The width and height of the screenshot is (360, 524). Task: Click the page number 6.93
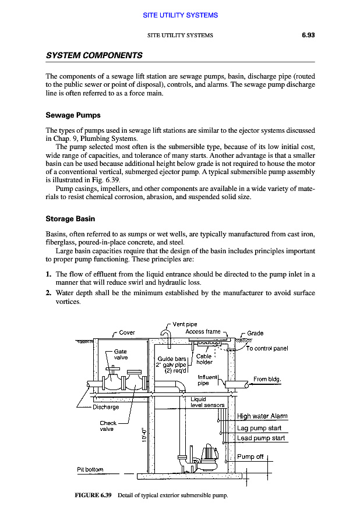click(x=308, y=35)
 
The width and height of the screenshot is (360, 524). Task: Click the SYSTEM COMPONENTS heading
click(x=94, y=55)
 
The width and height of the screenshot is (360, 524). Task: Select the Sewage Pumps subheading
click(x=73, y=115)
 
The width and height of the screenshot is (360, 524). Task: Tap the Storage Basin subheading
click(x=75, y=219)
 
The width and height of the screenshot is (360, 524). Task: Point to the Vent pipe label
click(x=185, y=324)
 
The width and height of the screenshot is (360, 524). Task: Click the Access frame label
click(x=203, y=332)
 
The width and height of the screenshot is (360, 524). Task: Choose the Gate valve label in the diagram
click(x=121, y=355)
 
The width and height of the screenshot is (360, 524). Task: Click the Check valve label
click(x=108, y=426)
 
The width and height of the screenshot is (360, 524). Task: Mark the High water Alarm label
click(x=262, y=416)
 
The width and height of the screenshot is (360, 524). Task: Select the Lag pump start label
click(x=259, y=428)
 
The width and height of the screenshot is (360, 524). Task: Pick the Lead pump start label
click(x=261, y=438)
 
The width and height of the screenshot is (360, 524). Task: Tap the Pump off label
click(x=250, y=456)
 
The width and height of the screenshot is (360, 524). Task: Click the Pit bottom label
click(x=90, y=469)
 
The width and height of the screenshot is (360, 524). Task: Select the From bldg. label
click(x=267, y=379)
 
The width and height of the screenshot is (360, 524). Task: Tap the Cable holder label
click(x=204, y=359)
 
